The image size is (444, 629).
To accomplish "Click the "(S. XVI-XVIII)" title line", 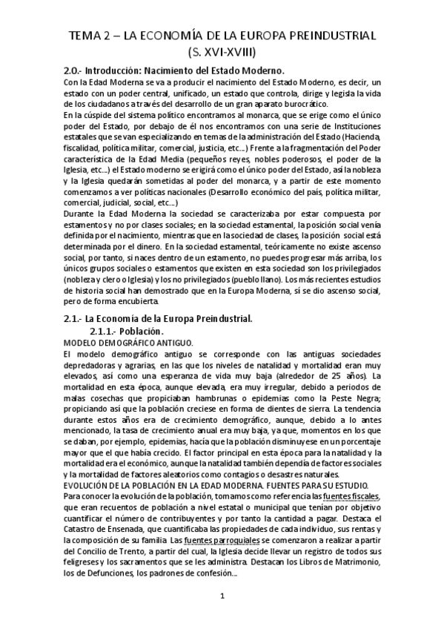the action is [x=221, y=52].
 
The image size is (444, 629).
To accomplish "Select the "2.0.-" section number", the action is [x=77, y=70].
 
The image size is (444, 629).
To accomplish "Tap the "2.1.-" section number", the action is [x=77, y=319].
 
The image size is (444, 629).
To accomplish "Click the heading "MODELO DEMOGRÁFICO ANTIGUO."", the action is [x=128, y=343].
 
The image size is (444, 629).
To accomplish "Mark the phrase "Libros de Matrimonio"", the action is [x=342, y=567].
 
